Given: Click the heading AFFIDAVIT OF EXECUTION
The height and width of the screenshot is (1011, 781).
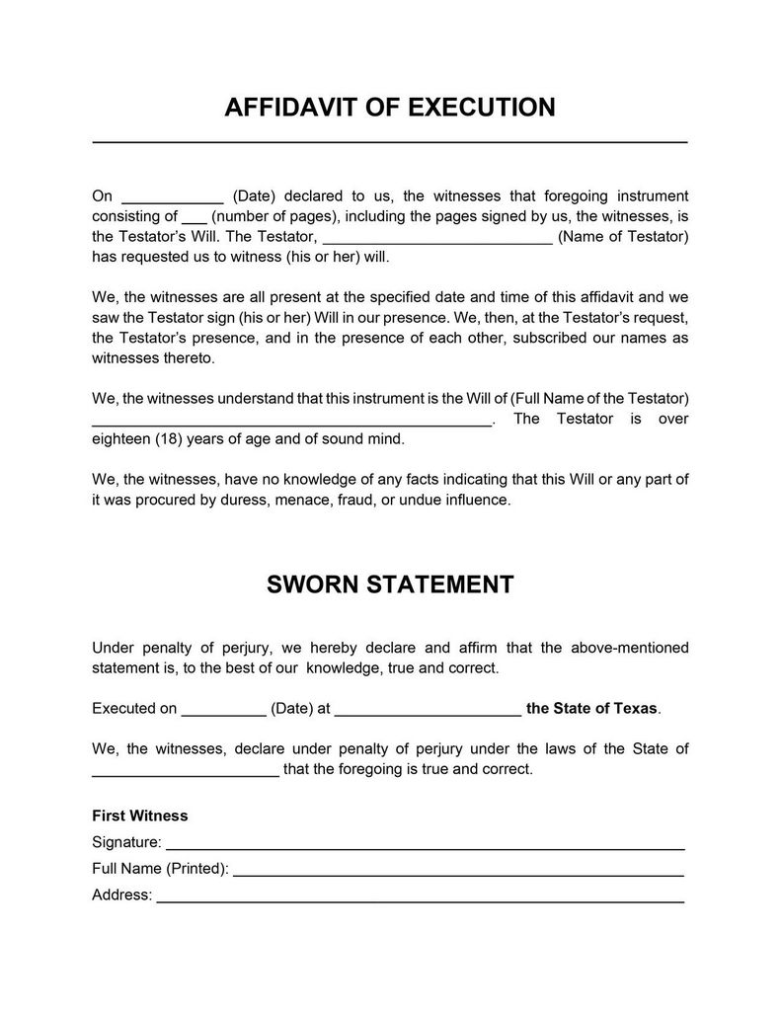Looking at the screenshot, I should pos(390,107).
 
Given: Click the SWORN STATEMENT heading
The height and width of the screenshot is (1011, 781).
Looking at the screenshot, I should pos(390,583).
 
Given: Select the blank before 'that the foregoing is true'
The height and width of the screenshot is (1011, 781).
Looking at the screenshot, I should pos(185,772).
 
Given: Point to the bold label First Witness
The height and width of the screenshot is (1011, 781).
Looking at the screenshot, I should pos(139,817).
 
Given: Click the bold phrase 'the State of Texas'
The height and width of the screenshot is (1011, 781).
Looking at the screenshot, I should pos(591,709).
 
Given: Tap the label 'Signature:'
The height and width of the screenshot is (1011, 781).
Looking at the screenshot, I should pos(126,843).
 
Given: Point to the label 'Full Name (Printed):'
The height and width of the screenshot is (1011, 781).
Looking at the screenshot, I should pos(160,870).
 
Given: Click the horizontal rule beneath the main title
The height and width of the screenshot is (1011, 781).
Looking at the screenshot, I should pos(390,144).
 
